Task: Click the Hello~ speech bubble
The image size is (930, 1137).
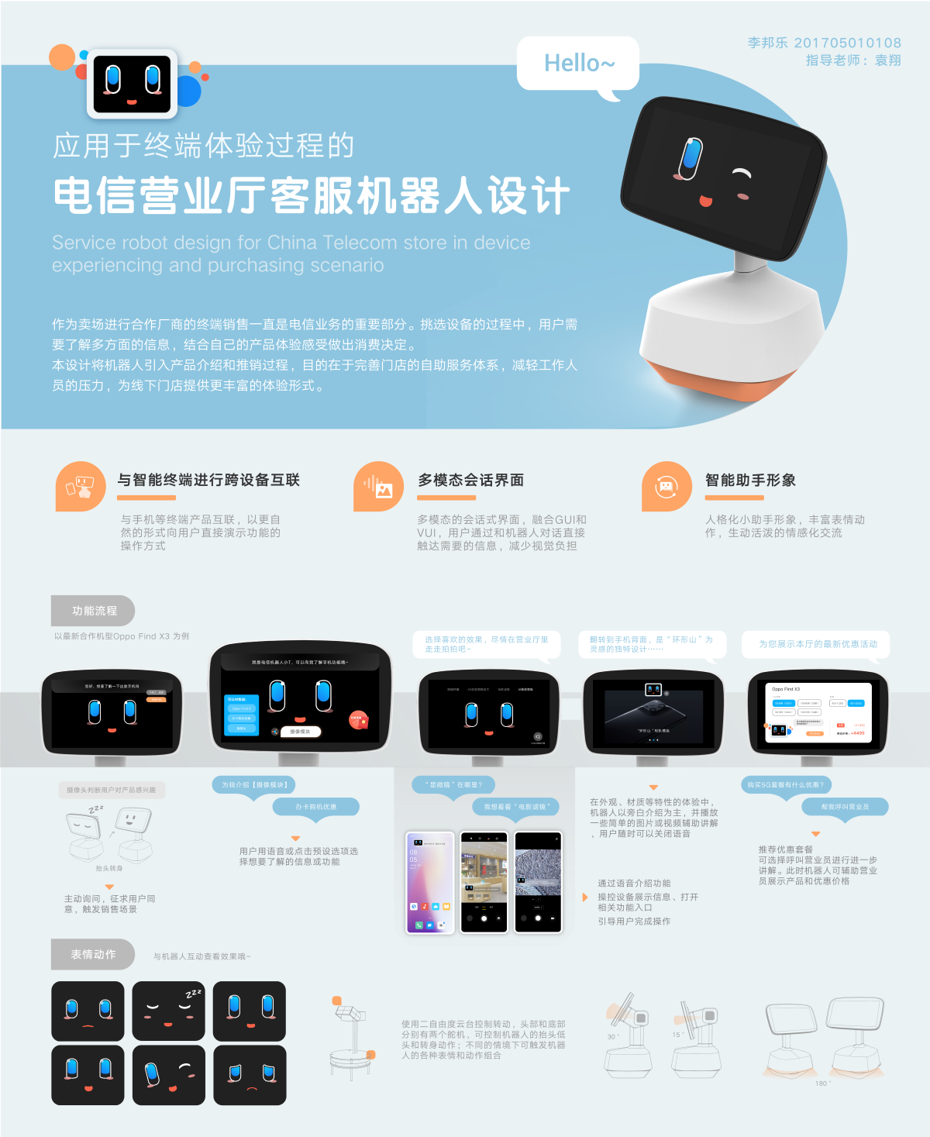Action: (578, 64)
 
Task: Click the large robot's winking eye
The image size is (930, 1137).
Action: (742, 174)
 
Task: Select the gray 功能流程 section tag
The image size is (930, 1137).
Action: (93, 611)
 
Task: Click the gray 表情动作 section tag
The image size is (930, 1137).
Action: (93, 954)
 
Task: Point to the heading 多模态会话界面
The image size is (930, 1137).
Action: (470, 481)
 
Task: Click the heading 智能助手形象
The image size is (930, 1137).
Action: (749, 481)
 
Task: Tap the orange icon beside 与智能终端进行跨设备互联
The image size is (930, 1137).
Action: (81, 487)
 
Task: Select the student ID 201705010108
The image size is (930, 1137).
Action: (847, 43)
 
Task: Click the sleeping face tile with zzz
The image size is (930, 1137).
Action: (168, 1011)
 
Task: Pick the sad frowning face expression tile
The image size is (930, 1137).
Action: (250, 1075)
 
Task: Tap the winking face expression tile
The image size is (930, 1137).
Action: (168, 1075)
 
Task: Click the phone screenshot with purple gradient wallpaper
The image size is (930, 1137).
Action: (429, 882)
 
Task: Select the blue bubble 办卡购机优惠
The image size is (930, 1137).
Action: (315, 807)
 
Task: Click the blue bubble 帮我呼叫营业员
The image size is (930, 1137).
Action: (844, 807)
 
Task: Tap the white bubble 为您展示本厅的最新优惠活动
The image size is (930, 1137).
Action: (817, 644)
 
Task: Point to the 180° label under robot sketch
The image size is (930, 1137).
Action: (821, 1084)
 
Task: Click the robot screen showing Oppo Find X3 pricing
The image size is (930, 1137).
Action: (818, 712)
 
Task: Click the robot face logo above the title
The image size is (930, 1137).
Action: (132, 83)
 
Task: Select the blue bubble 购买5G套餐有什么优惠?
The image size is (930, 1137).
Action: (786, 785)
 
